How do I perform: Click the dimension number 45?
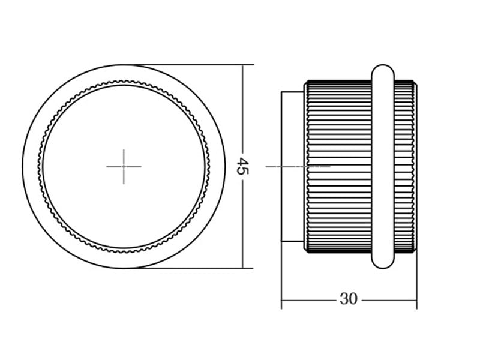tap(243, 166)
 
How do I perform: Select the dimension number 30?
tap(349, 299)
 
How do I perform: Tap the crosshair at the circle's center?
tap(124, 167)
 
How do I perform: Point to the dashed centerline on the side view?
tap(298, 167)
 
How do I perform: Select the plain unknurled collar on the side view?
tap(293, 167)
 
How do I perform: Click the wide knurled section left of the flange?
tap(338, 167)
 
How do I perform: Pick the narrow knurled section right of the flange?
tap(405, 167)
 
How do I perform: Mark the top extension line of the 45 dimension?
tap(188, 65)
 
